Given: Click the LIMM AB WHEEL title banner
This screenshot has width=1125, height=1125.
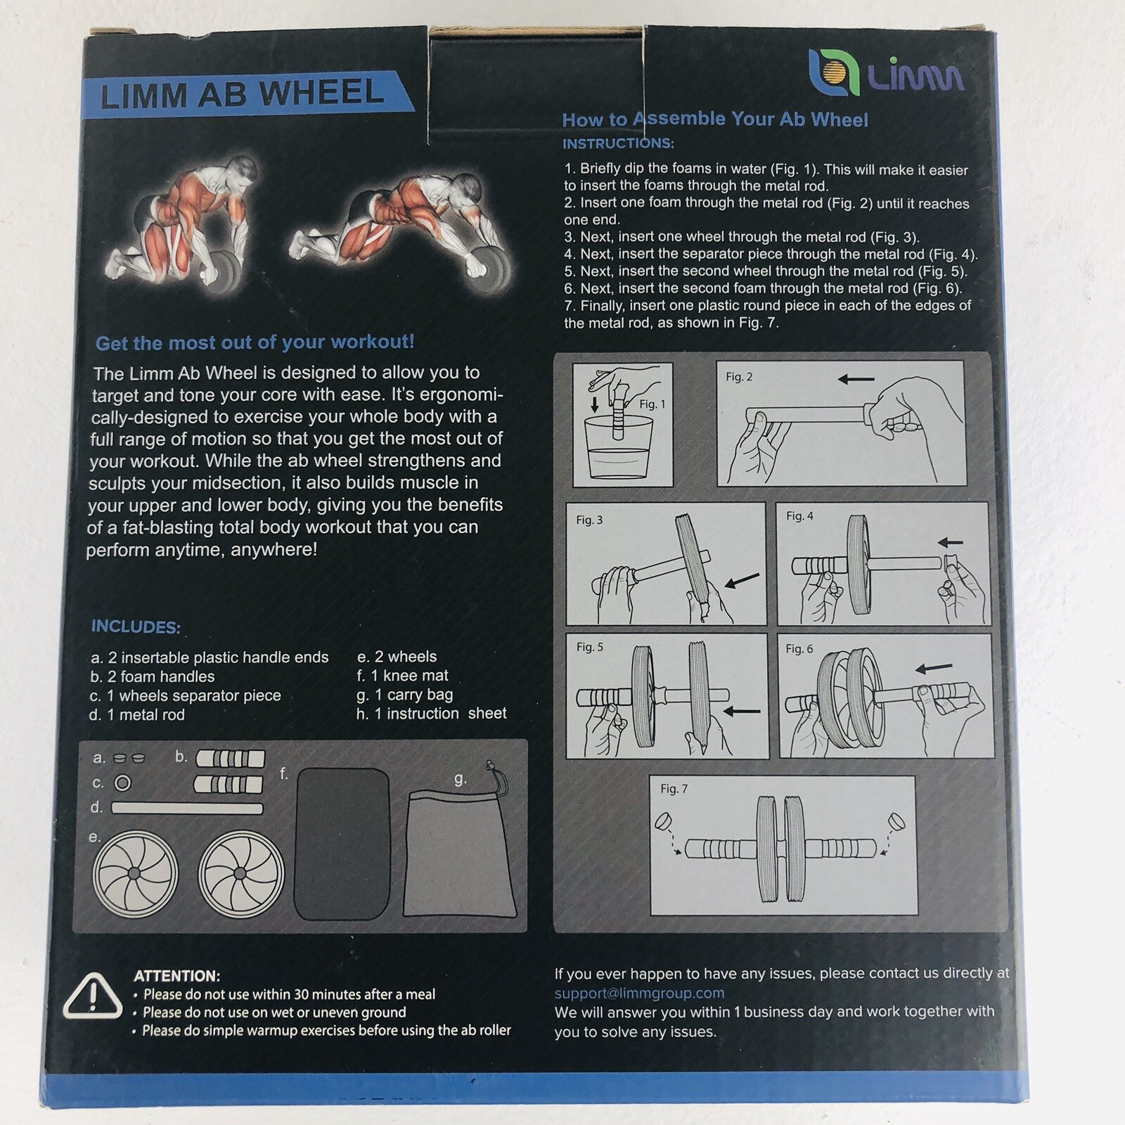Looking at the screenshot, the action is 243,94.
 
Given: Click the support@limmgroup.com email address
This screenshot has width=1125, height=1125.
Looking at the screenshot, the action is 639,993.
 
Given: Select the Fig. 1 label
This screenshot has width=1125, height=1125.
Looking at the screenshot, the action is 652,404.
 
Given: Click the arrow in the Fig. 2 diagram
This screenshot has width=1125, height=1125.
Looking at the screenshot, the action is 856,380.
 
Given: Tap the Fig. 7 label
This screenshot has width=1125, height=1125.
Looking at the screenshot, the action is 674,789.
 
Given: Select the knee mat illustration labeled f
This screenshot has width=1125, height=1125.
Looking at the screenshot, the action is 342,844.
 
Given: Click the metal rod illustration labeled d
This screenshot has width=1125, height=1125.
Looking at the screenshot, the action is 187,809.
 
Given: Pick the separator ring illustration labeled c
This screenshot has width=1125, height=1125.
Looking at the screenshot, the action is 122,783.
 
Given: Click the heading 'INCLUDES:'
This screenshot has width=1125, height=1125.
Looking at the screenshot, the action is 136,626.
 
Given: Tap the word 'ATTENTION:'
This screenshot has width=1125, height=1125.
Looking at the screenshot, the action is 177,976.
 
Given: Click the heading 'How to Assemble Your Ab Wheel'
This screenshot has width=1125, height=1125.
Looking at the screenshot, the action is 714,119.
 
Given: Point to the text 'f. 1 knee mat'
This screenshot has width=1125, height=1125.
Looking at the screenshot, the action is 402,676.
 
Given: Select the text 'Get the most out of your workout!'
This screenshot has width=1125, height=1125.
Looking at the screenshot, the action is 255,342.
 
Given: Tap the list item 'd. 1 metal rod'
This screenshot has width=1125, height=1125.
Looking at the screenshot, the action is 137,715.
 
